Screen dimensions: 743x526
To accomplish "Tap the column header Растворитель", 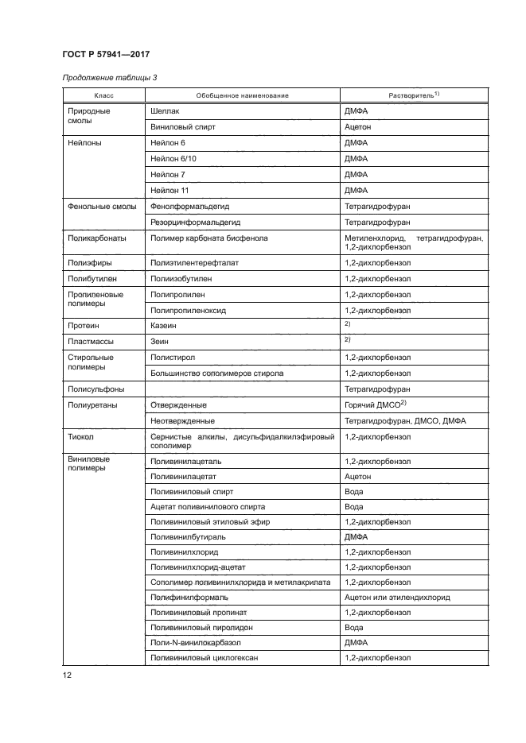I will (x=413, y=95).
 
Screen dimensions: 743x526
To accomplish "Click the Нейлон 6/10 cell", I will (x=172, y=158).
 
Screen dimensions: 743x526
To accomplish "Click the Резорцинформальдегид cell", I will (x=195, y=223).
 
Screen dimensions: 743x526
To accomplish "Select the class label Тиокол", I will (x=82, y=437).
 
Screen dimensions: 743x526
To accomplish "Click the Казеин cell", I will (x=163, y=325).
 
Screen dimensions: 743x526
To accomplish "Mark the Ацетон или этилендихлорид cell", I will (x=397, y=597).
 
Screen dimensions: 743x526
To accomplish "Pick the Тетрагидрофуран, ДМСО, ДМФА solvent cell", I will (x=405, y=420).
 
